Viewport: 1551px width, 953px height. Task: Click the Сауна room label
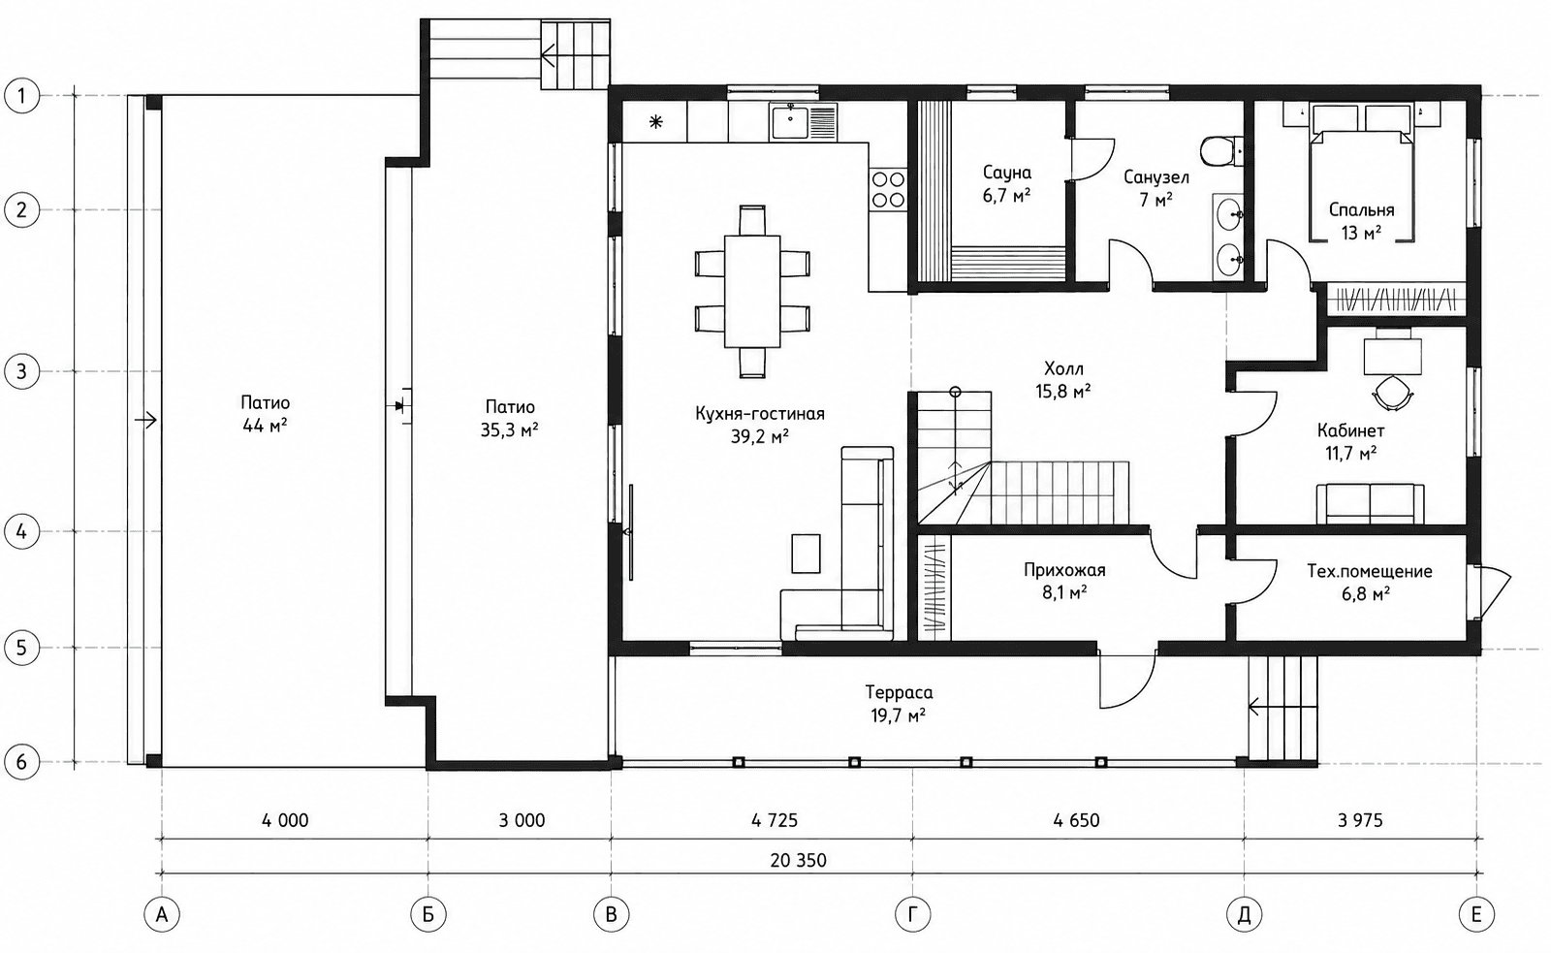tap(1007, 173)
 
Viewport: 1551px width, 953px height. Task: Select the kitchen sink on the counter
tap(789, 122)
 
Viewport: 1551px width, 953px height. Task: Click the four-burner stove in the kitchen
tap(888, 190)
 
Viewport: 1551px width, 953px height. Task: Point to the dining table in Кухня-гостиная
tap(752, 292)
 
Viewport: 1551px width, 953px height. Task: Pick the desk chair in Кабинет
tap(1392, 394)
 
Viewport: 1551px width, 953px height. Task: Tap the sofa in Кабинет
tap(1370, 503)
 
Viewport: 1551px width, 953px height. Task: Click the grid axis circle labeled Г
tap(912, 915)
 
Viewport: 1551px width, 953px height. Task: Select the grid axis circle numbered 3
tap(21, 371)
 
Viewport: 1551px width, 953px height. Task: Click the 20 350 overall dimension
tap(799, 860)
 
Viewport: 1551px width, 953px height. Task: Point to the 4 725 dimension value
tap(775, 821)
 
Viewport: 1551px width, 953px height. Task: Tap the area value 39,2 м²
tap(760, 436)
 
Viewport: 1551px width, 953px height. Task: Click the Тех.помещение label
tap(1370, 571)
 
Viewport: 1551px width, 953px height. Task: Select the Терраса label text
tap(899, 692)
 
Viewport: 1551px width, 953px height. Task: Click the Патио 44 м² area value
tap(266, 426)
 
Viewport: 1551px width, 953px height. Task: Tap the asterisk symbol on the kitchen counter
tap(655, 122)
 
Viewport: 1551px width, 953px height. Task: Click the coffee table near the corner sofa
tap(806, 554)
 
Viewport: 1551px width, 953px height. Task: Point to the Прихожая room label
tap(1064, 570)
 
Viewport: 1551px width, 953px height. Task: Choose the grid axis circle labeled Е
tap(1476, 915)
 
